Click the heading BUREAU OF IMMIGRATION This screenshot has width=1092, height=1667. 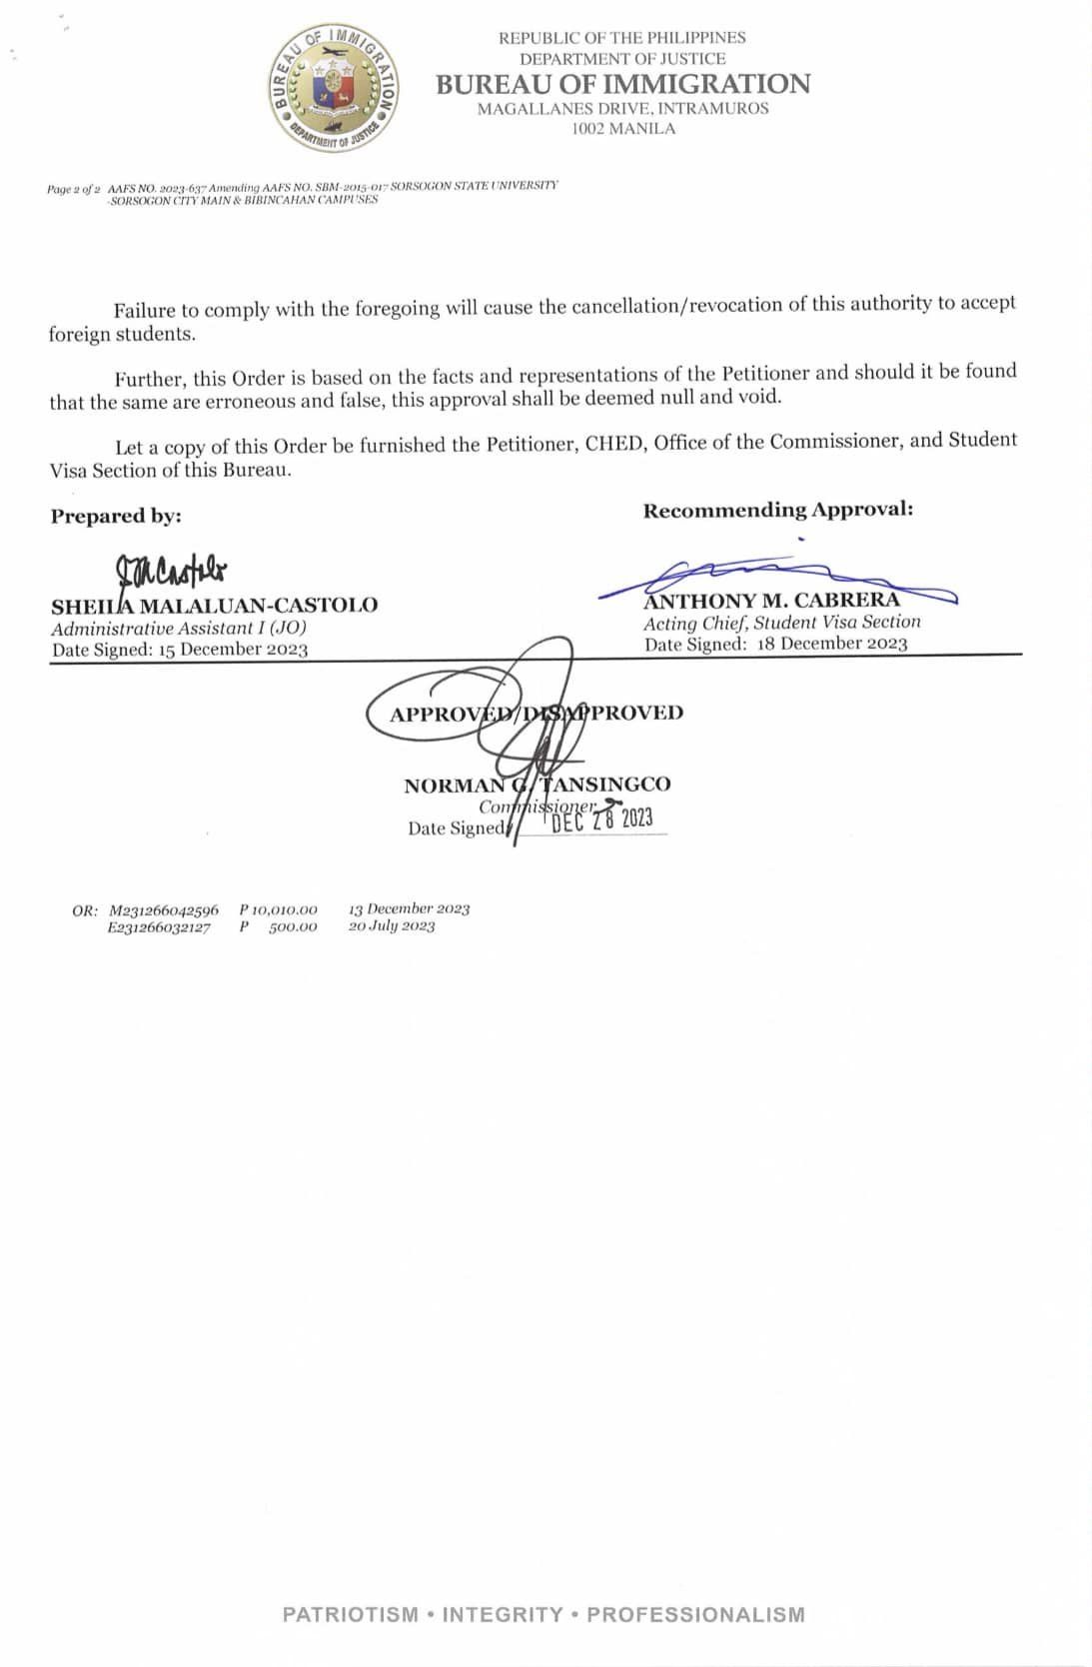click(x=622, y=84)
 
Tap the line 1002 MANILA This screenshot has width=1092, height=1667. click(x=622, y=128)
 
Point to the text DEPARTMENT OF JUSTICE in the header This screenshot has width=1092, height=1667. click(x=622, y=59)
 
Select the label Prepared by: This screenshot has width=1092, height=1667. click(x=116, y=516)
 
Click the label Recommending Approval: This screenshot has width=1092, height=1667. click(x=777, y=510)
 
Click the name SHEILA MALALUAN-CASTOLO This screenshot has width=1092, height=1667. click(x=214, y=606)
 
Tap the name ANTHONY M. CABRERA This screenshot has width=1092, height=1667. click(x=771, y=601)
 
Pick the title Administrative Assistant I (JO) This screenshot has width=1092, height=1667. click(x=179, y=628)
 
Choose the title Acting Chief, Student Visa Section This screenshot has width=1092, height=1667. click(x=781, y=622)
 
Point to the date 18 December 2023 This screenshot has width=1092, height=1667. click(x=831, y=644)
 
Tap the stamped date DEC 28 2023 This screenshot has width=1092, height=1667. click(x=601, y=821)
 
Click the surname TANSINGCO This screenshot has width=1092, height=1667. click(x=605, y=785)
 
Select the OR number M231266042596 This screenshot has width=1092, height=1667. click(x=164, y=909)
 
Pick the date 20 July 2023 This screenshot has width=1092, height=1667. click(x=392, y=926)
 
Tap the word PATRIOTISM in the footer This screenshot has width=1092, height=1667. click(x=350, y=1614)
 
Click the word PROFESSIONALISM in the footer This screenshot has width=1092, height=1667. click(x=695, y=1614)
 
